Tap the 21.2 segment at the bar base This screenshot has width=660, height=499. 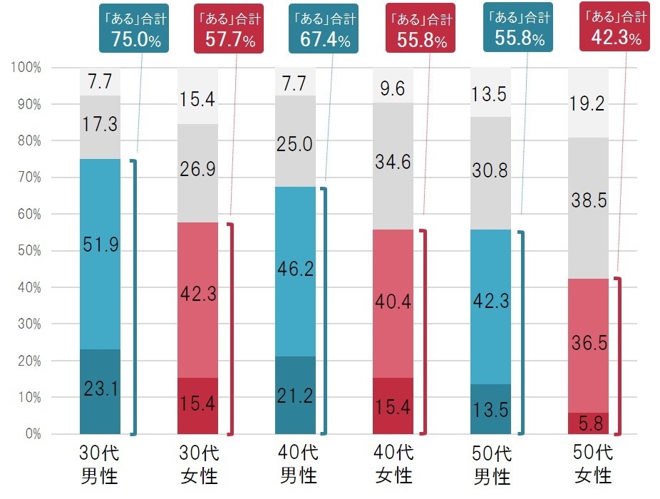pyautogui.click(x=295, y=396)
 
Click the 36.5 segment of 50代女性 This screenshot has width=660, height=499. pyautogui.click(x=588, y=343)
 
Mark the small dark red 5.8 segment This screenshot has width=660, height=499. pyautogui.click(x=588, y=423)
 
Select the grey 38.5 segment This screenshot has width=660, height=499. pyautogui.click(x=588, y=202)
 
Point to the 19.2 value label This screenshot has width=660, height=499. pyautogui.click(x=588, y=104)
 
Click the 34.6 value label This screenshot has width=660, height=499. pyautogui.click(x=393, y=162)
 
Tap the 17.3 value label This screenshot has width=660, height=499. pyautogui.click(x=100, y=124)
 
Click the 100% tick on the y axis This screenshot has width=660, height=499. pyautogui.click(x=27, y=68)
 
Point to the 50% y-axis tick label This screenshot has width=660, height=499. pyautogui.click(x=29, y=251)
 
